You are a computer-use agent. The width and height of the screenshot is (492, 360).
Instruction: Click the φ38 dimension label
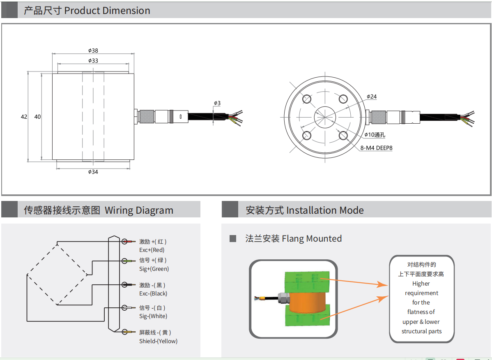(93, 51)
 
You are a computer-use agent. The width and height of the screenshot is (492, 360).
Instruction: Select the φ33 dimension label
(93, 60)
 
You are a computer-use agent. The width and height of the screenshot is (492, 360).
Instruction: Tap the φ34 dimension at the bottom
(93, 172)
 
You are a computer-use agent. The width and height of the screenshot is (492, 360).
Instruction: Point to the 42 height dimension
(24, 117)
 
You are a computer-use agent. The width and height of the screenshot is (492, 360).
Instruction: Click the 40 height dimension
(37, 117)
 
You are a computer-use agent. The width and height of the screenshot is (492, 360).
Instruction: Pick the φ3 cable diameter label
(217, 103)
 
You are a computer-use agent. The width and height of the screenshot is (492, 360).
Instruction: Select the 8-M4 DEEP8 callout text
(377, 148)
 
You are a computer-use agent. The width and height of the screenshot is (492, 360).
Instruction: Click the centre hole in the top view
(325, 117)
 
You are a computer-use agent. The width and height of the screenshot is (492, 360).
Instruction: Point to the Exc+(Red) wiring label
(152, 250)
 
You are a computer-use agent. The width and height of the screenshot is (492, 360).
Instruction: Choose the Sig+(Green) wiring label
(154, 269)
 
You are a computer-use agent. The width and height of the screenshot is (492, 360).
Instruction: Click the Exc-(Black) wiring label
(153, 293)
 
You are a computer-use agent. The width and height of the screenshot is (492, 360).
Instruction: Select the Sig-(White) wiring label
(153, 316)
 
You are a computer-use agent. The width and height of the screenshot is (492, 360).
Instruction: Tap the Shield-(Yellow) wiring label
(158, 341)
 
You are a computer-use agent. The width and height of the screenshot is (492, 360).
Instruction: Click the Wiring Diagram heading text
(139, 210)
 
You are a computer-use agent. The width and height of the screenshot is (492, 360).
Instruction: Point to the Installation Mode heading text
(325, 210)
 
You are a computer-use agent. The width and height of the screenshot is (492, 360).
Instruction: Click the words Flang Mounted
(312, 238)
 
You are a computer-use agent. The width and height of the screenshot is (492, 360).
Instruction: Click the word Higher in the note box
(421, 284)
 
